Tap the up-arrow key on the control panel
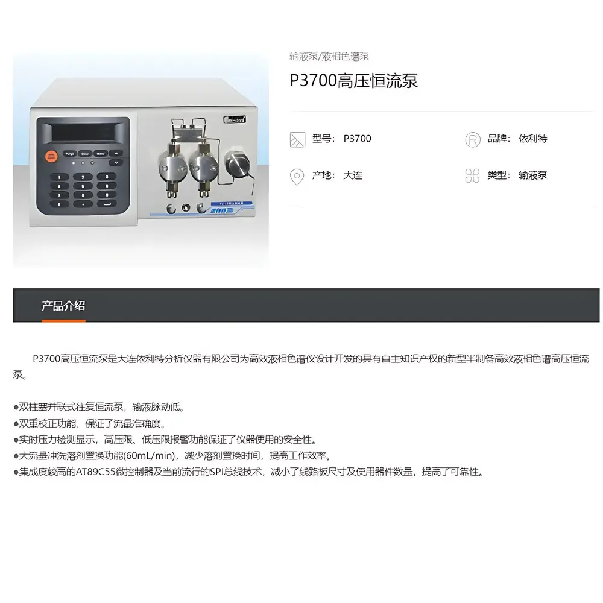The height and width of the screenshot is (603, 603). point(116,153)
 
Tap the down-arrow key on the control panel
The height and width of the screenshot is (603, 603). point(116,163)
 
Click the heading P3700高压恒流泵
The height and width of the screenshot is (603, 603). point(354,81)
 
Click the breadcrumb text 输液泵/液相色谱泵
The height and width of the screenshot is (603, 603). point(329,57)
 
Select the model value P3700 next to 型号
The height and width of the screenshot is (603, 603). point(358,139)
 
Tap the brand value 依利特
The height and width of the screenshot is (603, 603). point(533,139)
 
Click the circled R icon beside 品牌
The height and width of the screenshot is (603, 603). point(473,139)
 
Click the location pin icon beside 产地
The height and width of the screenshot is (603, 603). point(297,176)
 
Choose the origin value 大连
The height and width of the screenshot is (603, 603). point(353,175)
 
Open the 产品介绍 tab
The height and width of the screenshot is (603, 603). point(63,306)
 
